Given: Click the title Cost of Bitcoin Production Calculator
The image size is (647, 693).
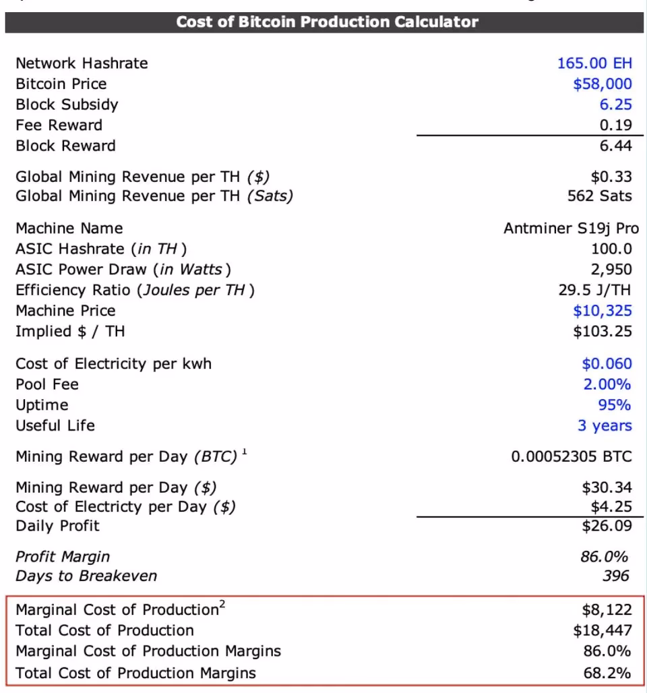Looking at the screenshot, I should (327, 22).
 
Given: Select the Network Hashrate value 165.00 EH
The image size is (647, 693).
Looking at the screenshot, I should (594, 63).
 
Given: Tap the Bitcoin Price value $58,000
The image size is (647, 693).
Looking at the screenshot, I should (603, 84).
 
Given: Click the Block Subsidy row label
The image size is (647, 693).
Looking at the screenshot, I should (67, 104).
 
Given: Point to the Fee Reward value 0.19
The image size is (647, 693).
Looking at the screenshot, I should (615, 125).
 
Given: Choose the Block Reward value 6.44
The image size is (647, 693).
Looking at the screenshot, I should (615, 146).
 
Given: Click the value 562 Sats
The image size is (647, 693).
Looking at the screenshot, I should (600, 196).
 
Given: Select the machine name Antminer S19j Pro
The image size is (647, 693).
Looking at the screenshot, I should (571, 229).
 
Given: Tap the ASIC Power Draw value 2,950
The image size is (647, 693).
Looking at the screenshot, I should (611, 270).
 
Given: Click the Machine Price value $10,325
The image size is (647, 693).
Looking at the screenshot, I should (603, 311).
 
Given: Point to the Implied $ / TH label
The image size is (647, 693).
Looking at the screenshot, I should (70, 331).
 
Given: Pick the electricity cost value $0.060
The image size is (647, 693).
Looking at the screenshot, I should (607, 364).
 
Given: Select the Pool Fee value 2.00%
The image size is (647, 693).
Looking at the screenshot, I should (607, 385).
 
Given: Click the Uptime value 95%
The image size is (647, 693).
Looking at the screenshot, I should (615, 405).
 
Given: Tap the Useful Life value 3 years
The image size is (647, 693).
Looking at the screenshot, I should (605, 426).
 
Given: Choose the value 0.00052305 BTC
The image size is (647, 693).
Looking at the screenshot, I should (572, 457).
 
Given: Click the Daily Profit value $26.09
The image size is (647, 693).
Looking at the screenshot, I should (607, 526).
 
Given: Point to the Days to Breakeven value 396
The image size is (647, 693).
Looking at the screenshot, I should (616, 576).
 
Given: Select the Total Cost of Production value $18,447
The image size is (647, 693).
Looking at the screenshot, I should (603, 631).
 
